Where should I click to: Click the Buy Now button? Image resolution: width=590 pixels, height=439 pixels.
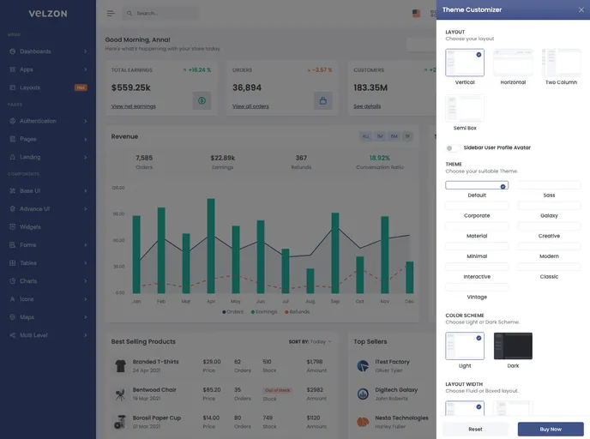pyautogui.click(x=551, y=429)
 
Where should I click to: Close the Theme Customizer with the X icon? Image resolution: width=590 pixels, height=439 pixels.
pyautogui.click(x=581, y=9)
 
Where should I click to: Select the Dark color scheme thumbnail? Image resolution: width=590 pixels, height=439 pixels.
pyautogui.click(x=513, y=346)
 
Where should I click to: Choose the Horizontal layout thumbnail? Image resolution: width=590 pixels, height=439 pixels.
pyautogui.click(x=513, y=63)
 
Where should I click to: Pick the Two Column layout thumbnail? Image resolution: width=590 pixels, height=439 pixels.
pyautogui.click(x=561, y=63)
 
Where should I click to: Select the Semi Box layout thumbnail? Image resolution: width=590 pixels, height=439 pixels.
pyautogui.click(x=465, y=107)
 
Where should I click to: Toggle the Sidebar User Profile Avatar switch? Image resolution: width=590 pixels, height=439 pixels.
pyautogui.click(x=452, y=147)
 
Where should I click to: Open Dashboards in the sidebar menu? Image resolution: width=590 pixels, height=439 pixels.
pyautogui.click(x=36, y=51)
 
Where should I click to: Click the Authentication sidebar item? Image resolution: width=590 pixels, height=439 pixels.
pyautogui.click(x=38, y=121)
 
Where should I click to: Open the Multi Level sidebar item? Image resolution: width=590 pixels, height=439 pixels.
pyautogui.click(x=34, y=335)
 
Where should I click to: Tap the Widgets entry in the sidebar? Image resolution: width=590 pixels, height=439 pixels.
pyautogui.click(x=31, y=227)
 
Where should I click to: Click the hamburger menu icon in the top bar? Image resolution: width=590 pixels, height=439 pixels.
pyautogui.click(x=111, y=14)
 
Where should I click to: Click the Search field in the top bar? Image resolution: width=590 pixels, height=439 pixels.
pyautogui.click(x=163, y=14)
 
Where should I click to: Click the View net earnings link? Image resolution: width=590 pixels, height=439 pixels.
pyautogui.click(x=132, y=106)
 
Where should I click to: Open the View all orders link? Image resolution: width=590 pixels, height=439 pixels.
pyautogui.click(x=250, y=106)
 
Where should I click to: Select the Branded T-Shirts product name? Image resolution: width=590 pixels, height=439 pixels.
pyautogui.click(x=156, y=362)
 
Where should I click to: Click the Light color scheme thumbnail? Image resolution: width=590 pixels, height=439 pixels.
pyautogui.click(x=465, y=346)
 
